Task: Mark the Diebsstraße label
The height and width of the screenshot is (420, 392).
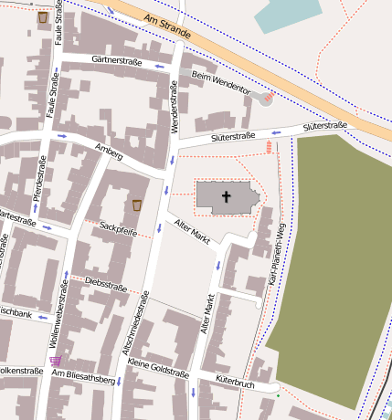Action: click(105, 285)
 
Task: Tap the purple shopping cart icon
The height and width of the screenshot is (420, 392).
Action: click(56, 361)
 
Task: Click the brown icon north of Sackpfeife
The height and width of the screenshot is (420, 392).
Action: click(137, 205)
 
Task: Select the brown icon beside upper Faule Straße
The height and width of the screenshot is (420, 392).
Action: click(43, 17)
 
